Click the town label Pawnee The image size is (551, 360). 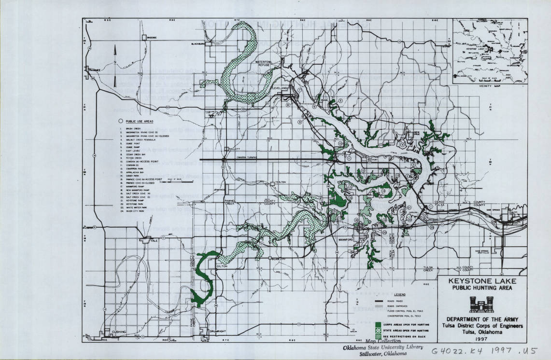95,70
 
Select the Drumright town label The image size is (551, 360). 219,332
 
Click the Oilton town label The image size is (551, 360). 222,266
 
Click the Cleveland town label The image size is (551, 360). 279,88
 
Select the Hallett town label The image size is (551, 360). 234,149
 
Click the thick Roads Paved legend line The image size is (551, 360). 379,300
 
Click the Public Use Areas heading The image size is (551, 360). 140,122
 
